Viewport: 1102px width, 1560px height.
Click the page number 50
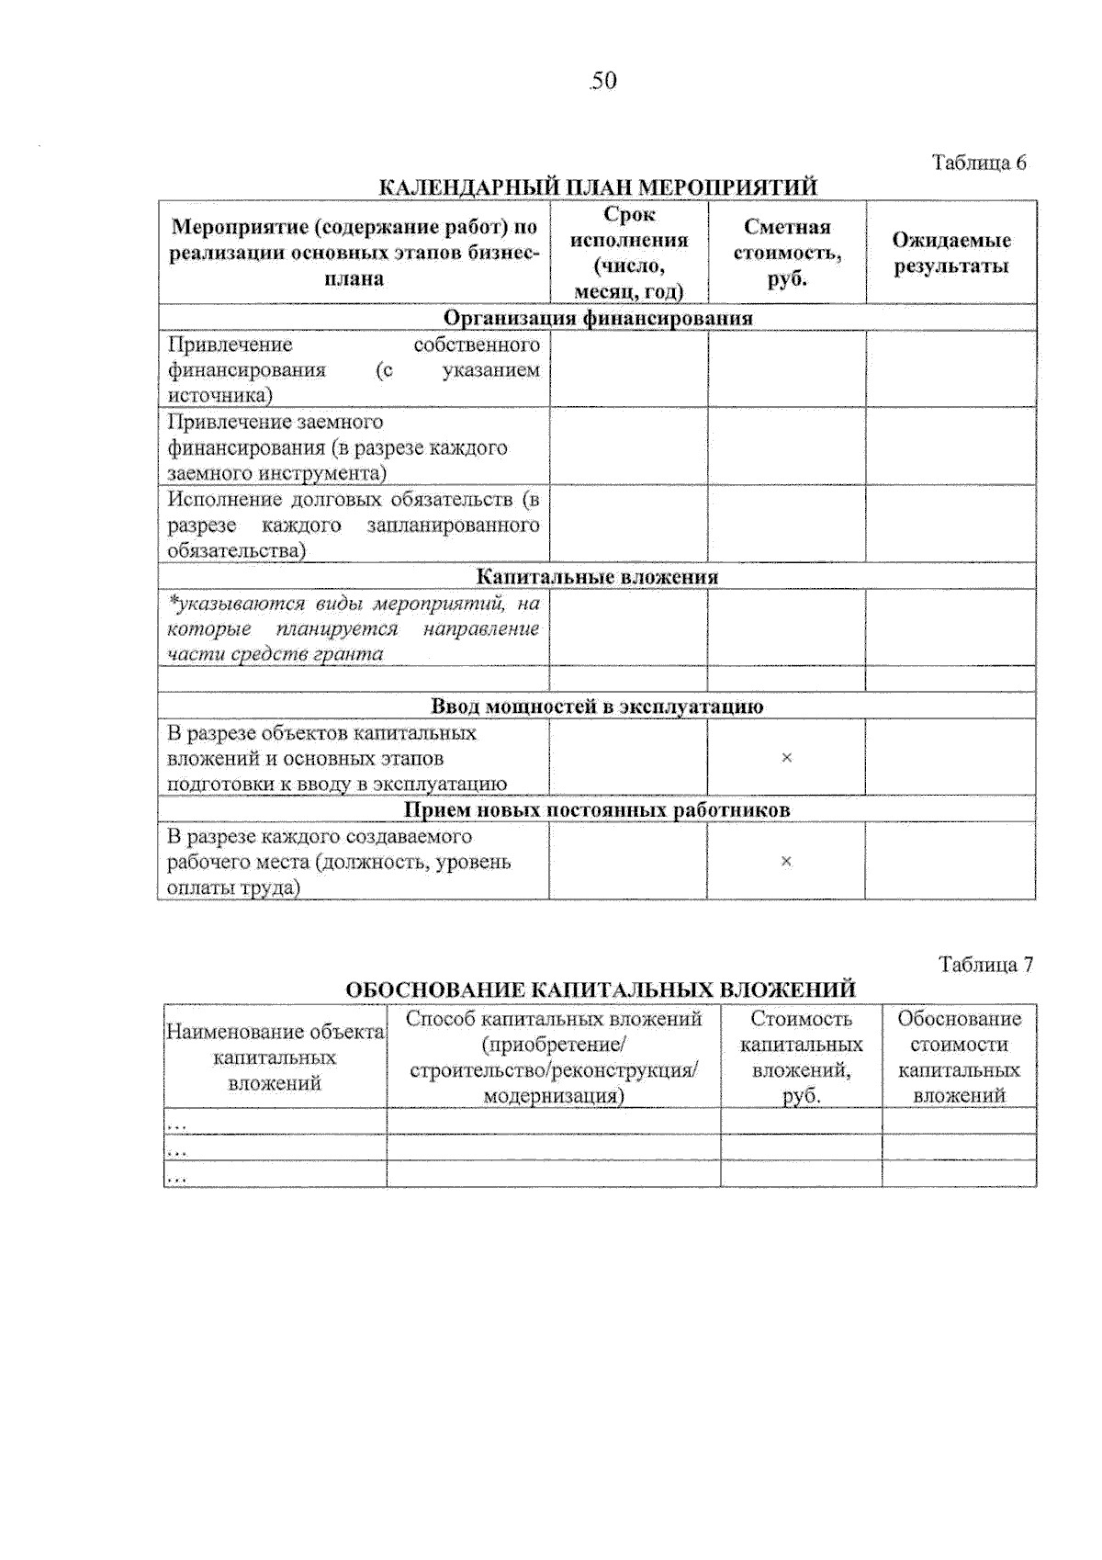click(x=603, y=81)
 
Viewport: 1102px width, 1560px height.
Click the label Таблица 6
click(x=979, y=163)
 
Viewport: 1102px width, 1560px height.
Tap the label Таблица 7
click(x=985, y=964)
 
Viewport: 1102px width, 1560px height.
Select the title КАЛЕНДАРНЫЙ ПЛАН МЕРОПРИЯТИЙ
click(x=598, y=187)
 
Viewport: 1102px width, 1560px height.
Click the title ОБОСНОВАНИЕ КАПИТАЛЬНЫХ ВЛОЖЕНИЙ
click(x=601, y=989)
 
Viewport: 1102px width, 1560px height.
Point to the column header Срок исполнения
click(x=629, y=253)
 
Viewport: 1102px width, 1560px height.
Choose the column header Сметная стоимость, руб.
click(x=787, y=253)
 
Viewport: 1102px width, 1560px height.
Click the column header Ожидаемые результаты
click(x=951, y=253)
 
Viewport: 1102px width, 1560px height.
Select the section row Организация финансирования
click(x=598, y=318)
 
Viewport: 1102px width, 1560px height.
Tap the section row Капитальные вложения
click(x=597, y=577)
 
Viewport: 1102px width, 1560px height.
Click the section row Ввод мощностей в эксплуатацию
click(x=597, y=707)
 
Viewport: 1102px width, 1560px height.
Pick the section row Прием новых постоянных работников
click(x=597, y=809)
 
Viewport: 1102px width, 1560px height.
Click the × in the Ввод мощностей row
click(x=786, y=758)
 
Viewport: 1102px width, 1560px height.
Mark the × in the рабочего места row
click(x=786, y=861)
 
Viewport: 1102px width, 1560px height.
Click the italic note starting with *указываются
click(x=354, y=628)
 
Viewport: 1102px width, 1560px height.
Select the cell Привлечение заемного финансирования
click(x=354, y=447)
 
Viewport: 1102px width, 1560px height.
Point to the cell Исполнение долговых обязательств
click(x=354, y=525)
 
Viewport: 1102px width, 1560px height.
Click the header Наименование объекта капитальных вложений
click(x=275, y=1057)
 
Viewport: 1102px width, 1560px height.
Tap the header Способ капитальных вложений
click(x=554, y=1057)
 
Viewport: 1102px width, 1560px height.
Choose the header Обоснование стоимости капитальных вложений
click(x=959, y=1057)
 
